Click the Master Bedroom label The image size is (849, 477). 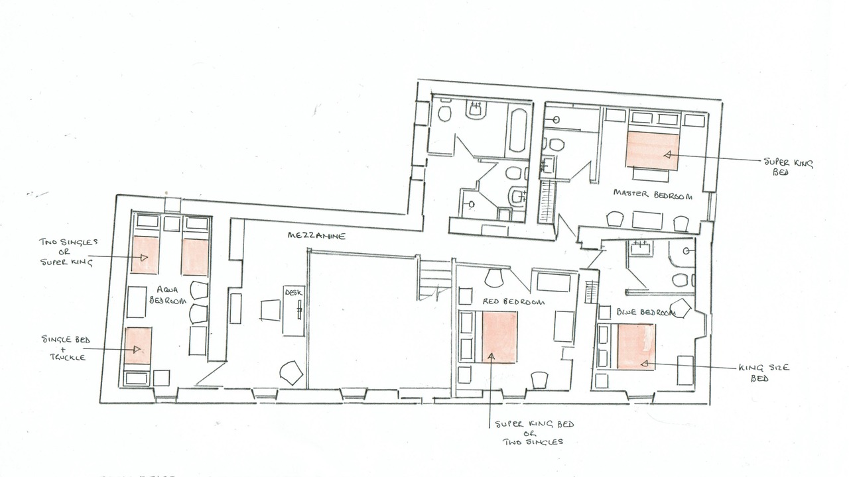tap(653, 195)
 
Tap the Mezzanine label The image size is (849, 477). tap(317, 236)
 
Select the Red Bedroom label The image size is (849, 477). tap(513, 301)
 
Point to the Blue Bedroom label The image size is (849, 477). tap(646, 312)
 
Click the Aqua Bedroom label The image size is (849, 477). tap(168, 295)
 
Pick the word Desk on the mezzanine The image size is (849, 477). tap(293, 293)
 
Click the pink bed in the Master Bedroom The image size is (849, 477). tap(652, 150)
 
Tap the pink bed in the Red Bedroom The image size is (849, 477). tap(500, 337)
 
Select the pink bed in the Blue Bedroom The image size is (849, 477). tap(636, 346)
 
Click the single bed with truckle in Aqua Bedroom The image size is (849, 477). tap(139, 346)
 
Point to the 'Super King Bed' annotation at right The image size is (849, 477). tap(788, 167)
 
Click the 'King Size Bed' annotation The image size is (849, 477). tap(763, 372)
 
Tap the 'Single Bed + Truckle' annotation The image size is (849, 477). tap(66, 348)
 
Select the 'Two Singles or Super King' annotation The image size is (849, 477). tap(67, 252)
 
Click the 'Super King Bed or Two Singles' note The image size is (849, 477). tap(534, 433)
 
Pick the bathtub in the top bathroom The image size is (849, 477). tap(518, 131)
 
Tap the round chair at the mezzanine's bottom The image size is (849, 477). tap(291, 373)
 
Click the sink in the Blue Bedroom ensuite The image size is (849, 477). tap(640, 248)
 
